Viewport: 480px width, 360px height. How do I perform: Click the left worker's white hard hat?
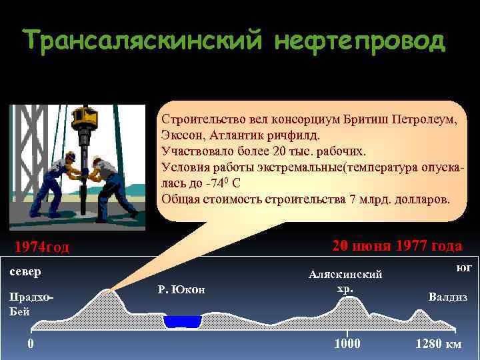pos(69,156)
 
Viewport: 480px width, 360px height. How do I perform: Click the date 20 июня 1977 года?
pos(397,246)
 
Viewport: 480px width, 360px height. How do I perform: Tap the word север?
pos(25,272)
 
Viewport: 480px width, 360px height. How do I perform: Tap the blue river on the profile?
pos(182,322)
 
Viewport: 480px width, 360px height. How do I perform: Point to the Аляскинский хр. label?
pos(345,281)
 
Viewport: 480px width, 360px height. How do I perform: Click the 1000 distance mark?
pos(347,344)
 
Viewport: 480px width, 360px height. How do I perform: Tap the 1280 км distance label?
pos(438,344)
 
